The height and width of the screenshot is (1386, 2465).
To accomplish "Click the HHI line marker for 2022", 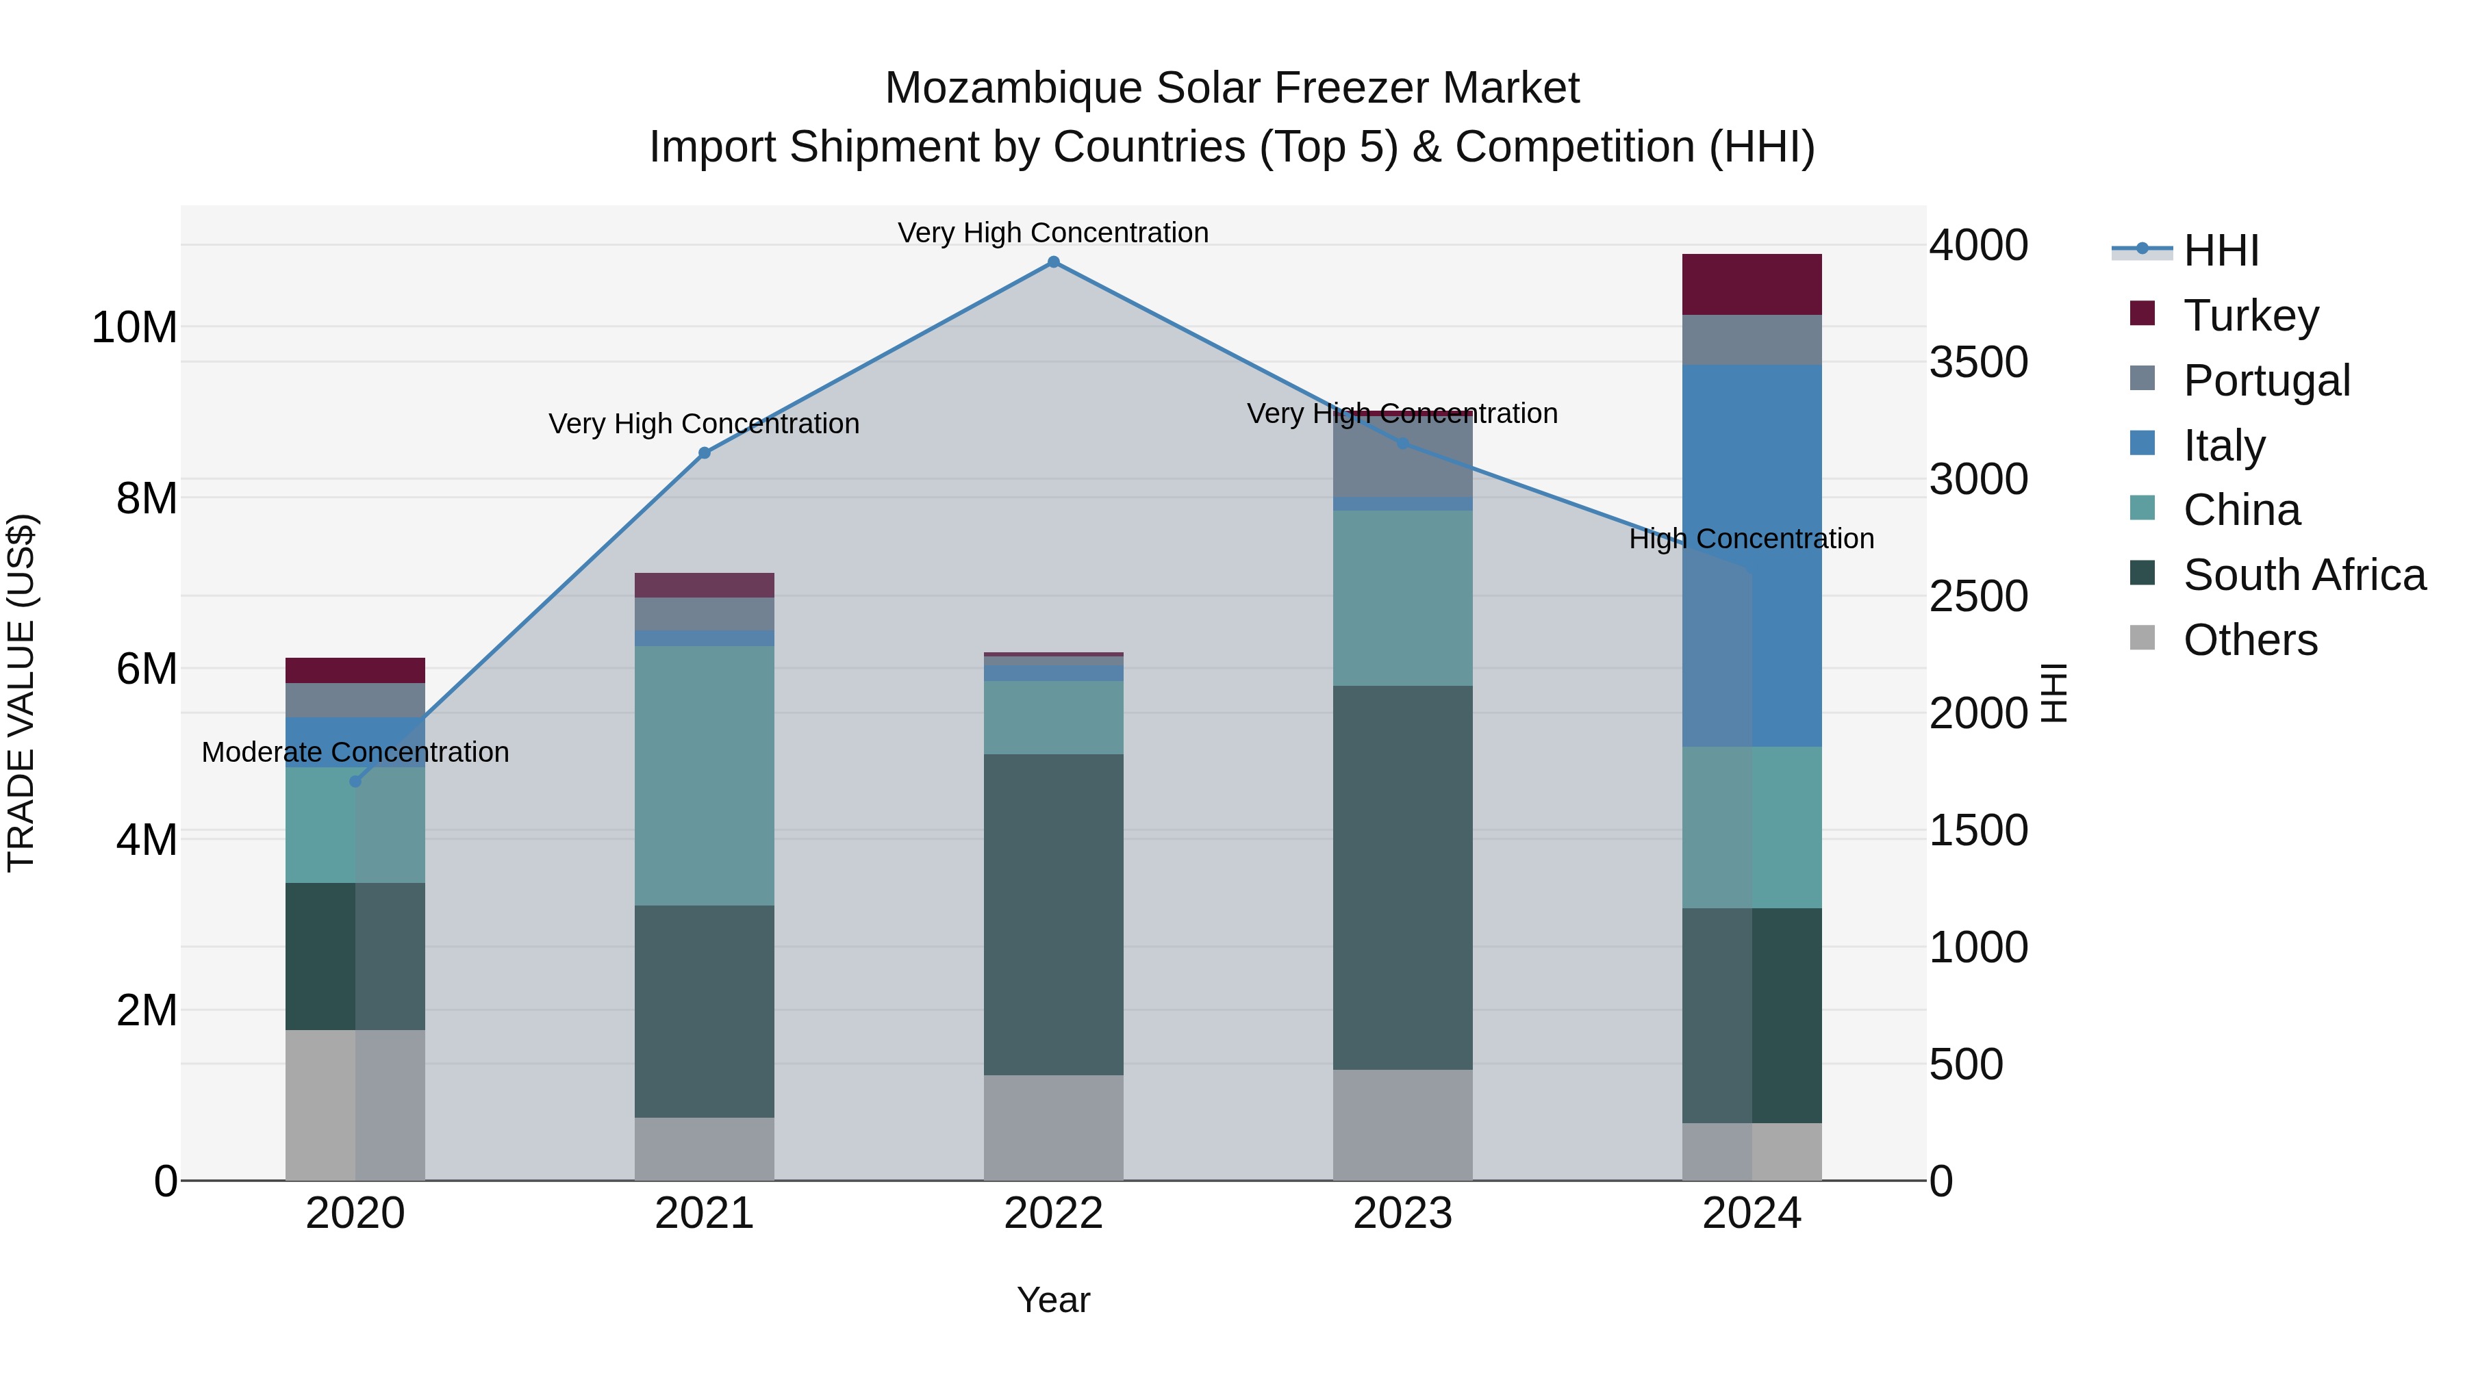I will click(x=1054, y=262).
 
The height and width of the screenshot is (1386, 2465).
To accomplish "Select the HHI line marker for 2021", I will click(x=705, y=452).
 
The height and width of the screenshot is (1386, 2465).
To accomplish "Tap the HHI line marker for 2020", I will click(x=355, y=782).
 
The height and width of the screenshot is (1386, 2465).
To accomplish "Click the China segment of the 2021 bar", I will click(x=705, y=775).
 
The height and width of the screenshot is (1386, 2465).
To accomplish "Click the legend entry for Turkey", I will click(x=2250, y=315).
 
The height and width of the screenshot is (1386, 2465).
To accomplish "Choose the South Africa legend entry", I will click(x=2303, y=575).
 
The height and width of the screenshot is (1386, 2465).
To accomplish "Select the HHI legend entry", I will click(x=2220, y=251).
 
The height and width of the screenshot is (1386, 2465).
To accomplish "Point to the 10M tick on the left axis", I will click(x=134, y=328).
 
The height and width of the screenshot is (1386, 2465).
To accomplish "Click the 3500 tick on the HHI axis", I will click(x=1978, y=363).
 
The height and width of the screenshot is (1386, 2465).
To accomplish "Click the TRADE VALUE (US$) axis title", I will click(x=21, y=693).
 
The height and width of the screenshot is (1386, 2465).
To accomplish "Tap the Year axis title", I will click(x=1054, y=1300).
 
